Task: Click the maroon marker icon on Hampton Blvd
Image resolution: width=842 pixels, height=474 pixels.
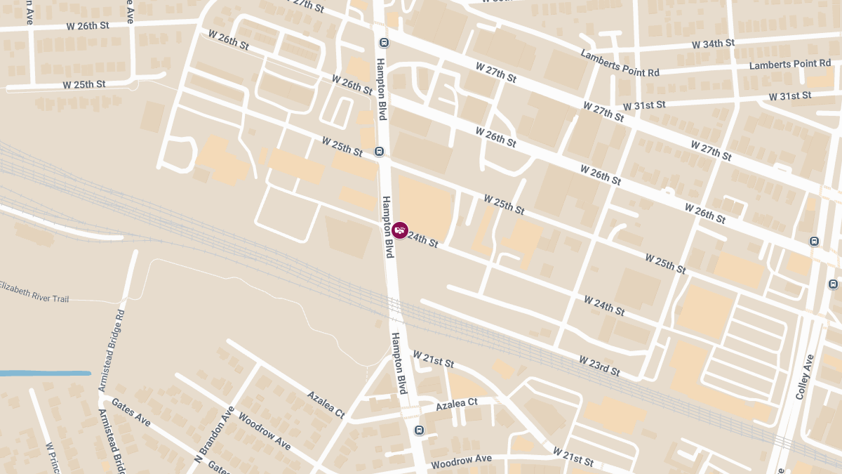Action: pos(400,230)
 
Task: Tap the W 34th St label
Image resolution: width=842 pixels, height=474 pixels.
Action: pos(713,44)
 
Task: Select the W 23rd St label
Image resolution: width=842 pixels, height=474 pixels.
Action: pos(599,365)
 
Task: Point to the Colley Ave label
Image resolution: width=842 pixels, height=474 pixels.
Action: pos(804,377)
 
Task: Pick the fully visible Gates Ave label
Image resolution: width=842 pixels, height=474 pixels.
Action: pos(131,414)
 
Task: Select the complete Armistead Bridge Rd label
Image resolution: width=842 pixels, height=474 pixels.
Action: pos(112,351)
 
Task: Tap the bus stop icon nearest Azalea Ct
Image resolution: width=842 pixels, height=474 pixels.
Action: pos(419,430)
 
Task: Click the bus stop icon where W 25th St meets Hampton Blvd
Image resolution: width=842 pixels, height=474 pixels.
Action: pos(380,151)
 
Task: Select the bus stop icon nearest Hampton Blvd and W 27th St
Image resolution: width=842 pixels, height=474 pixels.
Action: pos(384,42)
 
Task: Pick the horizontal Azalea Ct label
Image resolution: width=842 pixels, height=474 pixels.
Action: pos(456,404)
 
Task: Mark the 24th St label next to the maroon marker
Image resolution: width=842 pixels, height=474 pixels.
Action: pos(422,239)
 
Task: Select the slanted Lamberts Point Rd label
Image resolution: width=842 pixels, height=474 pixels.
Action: pos(620,63)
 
